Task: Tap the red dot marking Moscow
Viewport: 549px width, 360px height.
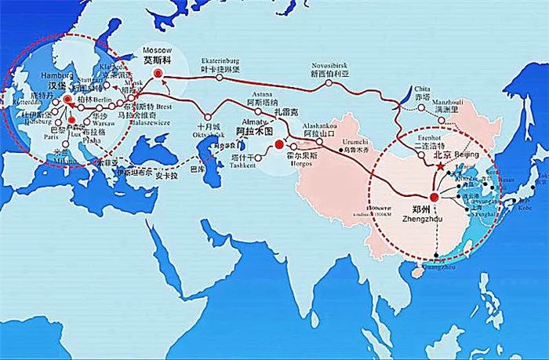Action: pos(158,73)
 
